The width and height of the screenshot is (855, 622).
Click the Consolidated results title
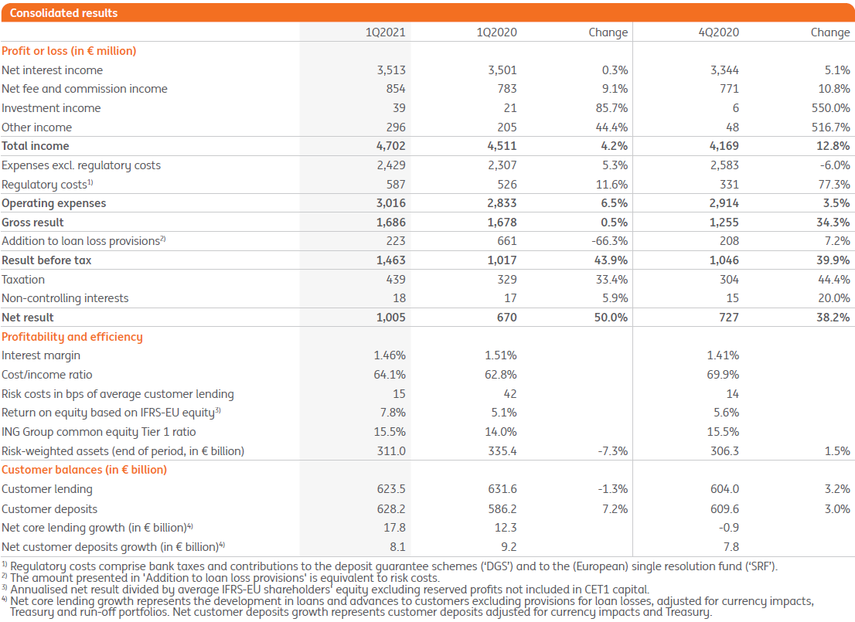click(x=64, y=13)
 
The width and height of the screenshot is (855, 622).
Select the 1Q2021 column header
click(x=385, y=32)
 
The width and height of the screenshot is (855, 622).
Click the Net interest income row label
click(x=53, y=70)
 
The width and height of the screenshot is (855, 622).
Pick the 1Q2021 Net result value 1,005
click(x=390, y=318)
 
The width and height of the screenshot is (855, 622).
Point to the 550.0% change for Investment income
click(x=832, y=108)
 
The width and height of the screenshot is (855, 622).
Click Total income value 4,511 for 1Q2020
click(x=502, y=146)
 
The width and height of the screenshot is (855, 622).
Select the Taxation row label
click(x=24, y=280)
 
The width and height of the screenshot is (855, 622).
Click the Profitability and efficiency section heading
click(x=72, y=337)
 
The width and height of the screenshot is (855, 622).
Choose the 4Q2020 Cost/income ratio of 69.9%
click(x=723, y=375)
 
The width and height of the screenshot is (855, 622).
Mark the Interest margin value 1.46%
click(x=390, y=355)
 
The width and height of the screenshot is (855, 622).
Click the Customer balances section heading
click(x=84, y=470)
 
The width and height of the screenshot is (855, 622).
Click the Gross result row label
click(x=33, y=223)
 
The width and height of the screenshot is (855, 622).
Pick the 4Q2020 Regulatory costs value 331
click(x=728, y=185)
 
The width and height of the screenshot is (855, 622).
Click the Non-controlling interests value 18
click(x=399, y=298)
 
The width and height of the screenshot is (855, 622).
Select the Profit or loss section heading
click(x=69, y=51)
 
